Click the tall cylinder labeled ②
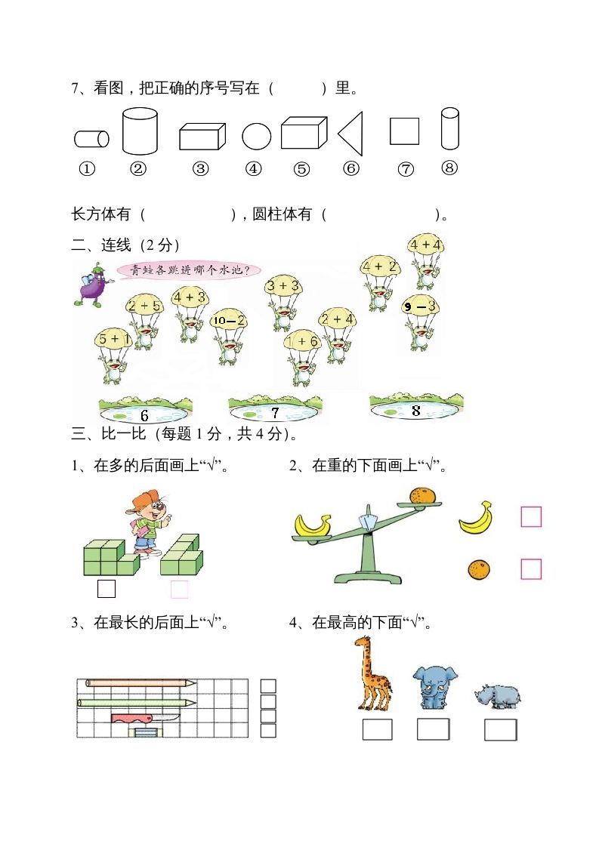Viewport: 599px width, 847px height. click(x=140, y=131)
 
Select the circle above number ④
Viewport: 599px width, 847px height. click(x=256, y=137)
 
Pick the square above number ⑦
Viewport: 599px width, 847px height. click(x=404, y=131)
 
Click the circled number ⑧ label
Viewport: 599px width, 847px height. click(x=449, y=168)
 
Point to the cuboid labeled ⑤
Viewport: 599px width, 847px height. click(x=304, y=133)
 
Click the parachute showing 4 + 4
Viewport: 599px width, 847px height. click(x=425, y=245)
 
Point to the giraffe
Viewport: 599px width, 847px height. click(x=372, y=673)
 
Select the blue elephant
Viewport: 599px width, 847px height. click(x=431, y=686)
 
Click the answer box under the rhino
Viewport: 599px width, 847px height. click(x=500, y=730)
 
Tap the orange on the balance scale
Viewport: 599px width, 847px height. click(x=423, y=496)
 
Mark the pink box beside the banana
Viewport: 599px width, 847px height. click(x=531, y=517)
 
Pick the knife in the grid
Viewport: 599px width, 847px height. click(x=147, y=717)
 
